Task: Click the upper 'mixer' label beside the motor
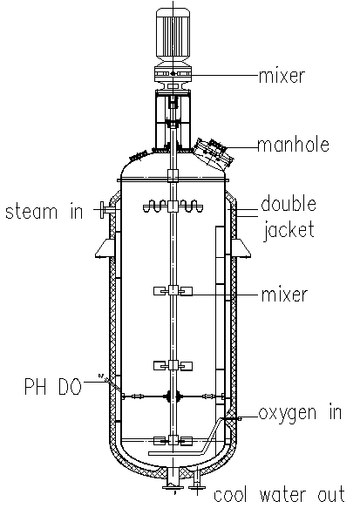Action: pos(282,76)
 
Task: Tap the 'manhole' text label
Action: pos(294,145)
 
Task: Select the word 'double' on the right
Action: pos(289,204)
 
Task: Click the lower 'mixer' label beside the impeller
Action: pos(284,295)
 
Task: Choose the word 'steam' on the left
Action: pos(31,212)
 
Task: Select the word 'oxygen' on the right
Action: pos(288,414)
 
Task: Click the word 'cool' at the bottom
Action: pos(230,495)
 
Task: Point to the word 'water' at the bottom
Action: pos(282,495)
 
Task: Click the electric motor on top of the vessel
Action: pos(173,36)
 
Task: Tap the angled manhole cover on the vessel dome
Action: pos(214,153)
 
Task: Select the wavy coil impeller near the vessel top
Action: pos(173,207)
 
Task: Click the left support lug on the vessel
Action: pos(105,248)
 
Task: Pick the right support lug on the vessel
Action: pos(241,248)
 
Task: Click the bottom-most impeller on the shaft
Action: pos(173,440)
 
